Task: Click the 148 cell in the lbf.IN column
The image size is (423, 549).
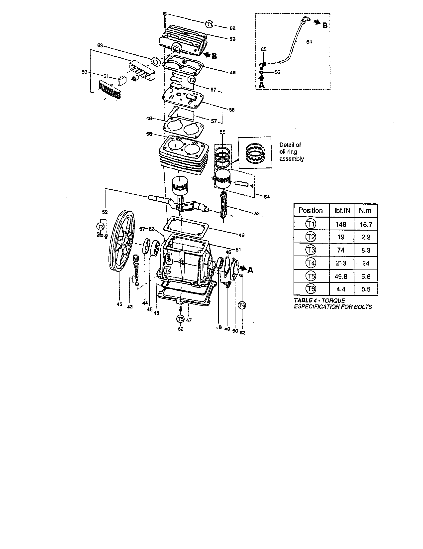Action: pyautogui.click(x=341, y=224)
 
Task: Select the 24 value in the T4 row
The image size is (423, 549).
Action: pyautogui.click(x=366, y=263)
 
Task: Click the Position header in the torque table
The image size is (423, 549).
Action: pyautogui.click(x=311, y=210)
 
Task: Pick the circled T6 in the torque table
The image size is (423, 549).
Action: pyautogui.click(x=311, y=289)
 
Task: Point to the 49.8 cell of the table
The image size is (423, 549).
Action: pyautogui.click(x=341, y=276)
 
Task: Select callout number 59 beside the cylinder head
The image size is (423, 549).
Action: pyautogui.click(x=232, y=39)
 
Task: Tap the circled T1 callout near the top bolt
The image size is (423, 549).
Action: pyautogui.click(x=209, y=24)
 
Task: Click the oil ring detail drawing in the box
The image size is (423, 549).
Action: pyautogui.click(x=255, y=152)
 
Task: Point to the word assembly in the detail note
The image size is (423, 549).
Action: pyautogui.click(x=291, y=159)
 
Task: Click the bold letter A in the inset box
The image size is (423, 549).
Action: pyautogui.click(x=261, y=85)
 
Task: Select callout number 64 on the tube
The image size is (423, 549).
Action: pyautogui.click(x=309, y=42)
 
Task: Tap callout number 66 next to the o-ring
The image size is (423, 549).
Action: pyautogui.click(x=277, y=72)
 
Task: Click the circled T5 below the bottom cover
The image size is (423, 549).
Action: pyautogui.click(x=180, y=319)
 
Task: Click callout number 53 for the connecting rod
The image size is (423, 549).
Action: pyautogui.click(x=257, y=214)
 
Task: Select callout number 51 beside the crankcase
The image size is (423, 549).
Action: pyautogui.click(x=238, y=250)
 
